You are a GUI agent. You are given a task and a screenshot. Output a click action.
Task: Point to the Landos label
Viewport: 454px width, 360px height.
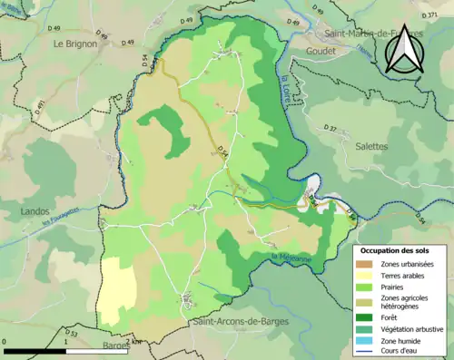pyautogui.click(x=35, y=211)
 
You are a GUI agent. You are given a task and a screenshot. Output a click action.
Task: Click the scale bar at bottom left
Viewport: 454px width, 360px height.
pyautogui.click(x=64, y=349)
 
